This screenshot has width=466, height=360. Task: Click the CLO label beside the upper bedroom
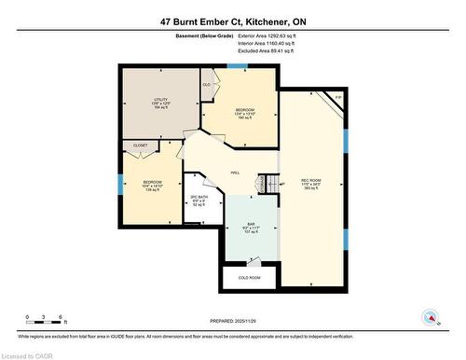click(206, 85)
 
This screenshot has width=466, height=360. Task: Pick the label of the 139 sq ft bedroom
click(153, 185)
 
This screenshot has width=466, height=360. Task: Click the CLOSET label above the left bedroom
click(140, 145)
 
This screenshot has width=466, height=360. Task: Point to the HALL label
click(236, 172)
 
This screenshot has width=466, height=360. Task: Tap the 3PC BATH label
click(198, 200)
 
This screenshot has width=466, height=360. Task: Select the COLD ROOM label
click(248, 278)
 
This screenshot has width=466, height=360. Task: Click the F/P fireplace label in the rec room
click(338, 97)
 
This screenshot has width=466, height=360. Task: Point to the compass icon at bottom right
click(431, 317)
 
